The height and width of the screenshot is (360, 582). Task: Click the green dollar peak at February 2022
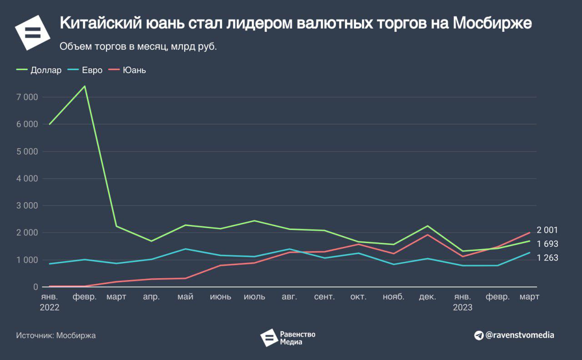[85, 86]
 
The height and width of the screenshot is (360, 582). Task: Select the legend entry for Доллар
[39, 70]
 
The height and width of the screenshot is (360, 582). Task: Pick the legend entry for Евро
[85, 70]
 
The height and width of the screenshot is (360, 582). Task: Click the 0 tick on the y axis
[35, 287]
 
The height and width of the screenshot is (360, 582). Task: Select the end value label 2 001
[547, 230]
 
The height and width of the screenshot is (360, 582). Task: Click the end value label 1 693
[547, 244]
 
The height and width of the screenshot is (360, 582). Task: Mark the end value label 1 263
[547, 258]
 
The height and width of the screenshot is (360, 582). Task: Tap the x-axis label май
[186, 297]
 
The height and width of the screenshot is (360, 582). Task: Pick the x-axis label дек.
[427, 297]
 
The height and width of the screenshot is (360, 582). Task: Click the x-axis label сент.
[324, 297]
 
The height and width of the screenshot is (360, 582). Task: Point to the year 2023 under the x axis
[462, 308]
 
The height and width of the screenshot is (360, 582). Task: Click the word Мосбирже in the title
[492, 24]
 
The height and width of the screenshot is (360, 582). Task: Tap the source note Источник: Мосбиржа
[56, 335]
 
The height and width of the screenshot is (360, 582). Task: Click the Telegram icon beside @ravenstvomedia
[478, 335]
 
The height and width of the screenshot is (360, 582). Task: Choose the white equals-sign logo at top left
[32, 32]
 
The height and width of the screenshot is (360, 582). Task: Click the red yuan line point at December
[427, 235]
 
